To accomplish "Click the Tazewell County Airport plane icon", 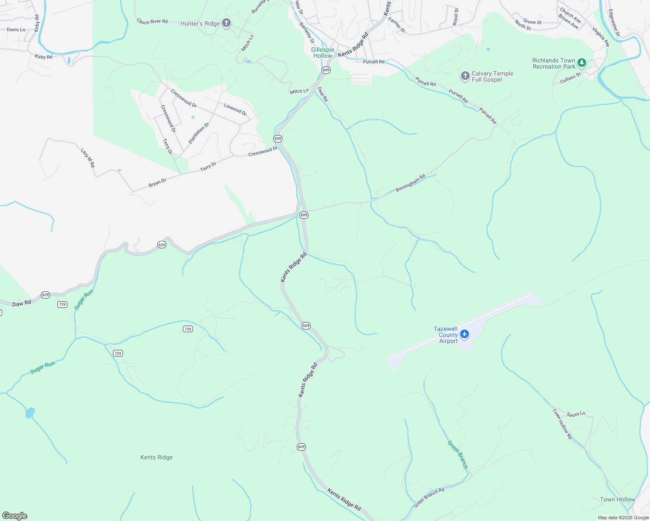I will pyautogui.click(x=464, y=334).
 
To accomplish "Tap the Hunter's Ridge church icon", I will pyautogui.click(x=226, y=23).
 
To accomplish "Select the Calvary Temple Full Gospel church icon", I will pyautogui.click(x=465, y=76).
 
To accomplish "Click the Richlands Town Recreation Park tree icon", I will pyautogui.click(x=582, y=63).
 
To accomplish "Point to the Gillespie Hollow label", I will pyautogui.click(x=322, y=53).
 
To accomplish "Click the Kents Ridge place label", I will pyautogui.click(x=156, y=457).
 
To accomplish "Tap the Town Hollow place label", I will pyautogui.click(x=617, y=499).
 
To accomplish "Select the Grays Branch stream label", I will pyautogui.click(x=458, y=455).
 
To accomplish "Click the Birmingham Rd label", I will pyautogui.click(x=411, y=183).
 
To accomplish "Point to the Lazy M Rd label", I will pyautogui.click(x=88, y=158).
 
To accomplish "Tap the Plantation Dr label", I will pyautogui.click(x=199, y=133).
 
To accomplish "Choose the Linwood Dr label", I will pyautogui.click(x=235, y=109).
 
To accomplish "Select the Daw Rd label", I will pyautogui.click(x=22, y=303).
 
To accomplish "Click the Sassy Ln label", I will pyautogui.click(x=576, y=414).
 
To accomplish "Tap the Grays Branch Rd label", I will pyautogui.click(x=429, y=498).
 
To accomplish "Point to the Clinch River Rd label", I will pyautogui.click(x=152, y=21).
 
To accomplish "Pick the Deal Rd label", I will pyautogui.click(x=323, y=94).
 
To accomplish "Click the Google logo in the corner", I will pyautogui.click(x=15, y=516).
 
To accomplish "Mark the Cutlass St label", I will pyautogui.click(x=570, y=78).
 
